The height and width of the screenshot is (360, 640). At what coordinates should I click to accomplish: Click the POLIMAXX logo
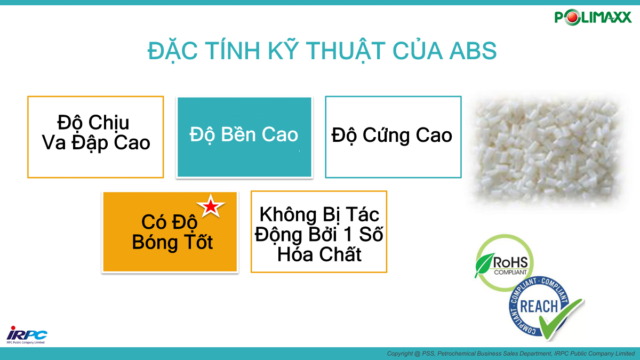coord(593,18)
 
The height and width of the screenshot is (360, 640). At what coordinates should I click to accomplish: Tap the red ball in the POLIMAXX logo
coord(572,18)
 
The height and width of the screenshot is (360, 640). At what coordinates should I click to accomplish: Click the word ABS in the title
coord(473,51)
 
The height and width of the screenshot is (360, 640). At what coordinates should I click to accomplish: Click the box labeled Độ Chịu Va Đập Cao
coord(95,137)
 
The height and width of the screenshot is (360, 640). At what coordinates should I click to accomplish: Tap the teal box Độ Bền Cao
coord(244,137)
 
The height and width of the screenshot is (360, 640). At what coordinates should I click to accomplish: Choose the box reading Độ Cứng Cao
coord(393,137)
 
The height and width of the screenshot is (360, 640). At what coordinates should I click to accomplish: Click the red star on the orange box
coord(211,206)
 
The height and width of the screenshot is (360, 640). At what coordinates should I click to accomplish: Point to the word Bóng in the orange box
coord(155,243)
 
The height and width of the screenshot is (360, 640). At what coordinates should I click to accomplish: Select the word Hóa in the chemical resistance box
coord(295,254)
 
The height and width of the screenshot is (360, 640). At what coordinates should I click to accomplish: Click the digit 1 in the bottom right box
coord(348,234)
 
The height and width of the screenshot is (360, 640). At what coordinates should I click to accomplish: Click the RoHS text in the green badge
coord(510,262)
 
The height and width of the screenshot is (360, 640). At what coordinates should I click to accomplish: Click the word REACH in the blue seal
coord(539,307)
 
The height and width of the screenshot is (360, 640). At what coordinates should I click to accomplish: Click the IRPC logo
coord(27,335)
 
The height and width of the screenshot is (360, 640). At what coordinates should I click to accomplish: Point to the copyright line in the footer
coord(511,354)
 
